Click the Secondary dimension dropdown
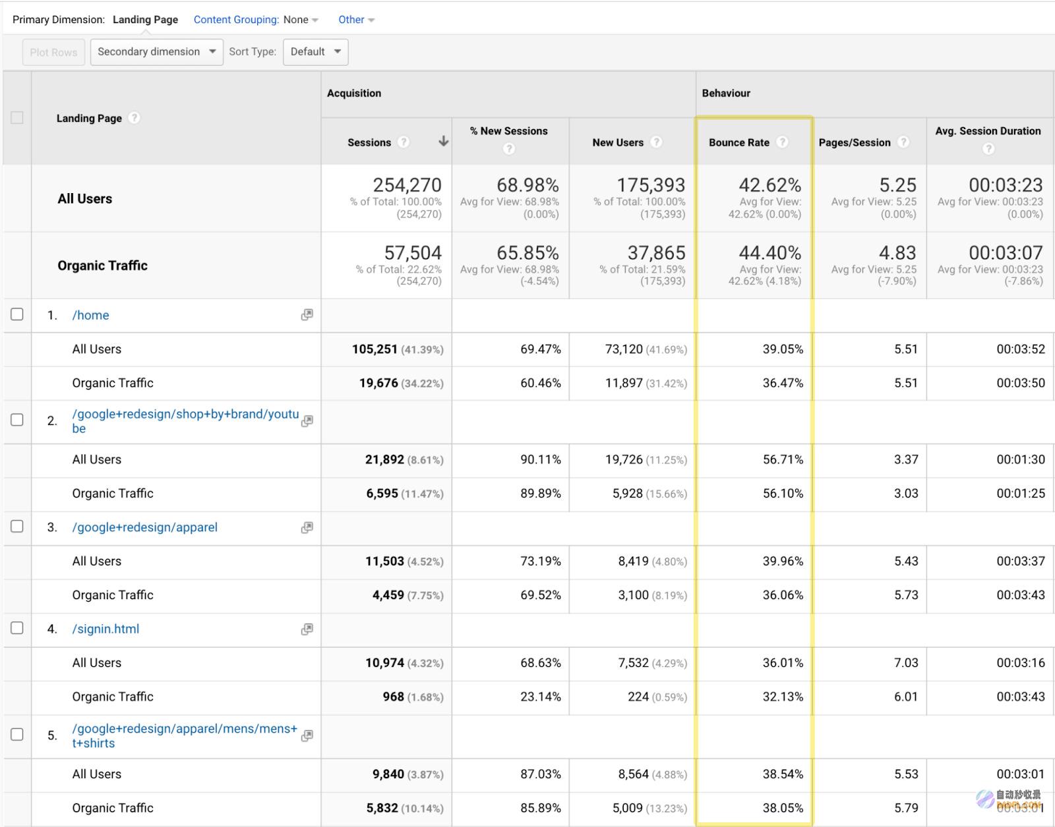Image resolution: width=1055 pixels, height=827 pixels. [156, 52]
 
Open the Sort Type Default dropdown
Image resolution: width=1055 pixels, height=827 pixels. [315, 52]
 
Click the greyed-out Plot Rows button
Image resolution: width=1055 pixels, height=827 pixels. [53, 52]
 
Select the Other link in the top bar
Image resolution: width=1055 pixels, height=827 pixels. [356, 20]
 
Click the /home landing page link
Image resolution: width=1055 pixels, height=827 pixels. [90, 315]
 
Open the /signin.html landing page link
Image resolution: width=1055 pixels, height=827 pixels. [105, 629]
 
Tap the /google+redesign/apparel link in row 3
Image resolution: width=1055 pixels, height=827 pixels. [144, 527]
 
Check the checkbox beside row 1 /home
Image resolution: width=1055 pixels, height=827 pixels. [17, 314]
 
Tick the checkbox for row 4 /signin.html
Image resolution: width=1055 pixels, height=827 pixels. [17, 628]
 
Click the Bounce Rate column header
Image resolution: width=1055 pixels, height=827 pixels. [739, 142]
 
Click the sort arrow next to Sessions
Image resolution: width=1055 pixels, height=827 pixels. [443, 141]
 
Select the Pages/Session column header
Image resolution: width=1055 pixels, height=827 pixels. [855, 142]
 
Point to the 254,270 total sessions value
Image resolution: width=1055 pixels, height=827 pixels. [407, 185]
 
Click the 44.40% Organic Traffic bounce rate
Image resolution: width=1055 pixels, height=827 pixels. [770, 252]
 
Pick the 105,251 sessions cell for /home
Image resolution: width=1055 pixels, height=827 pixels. [375, 349]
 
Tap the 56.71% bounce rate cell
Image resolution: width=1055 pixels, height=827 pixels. [783, 459]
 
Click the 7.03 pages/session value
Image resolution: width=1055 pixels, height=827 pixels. [906, 662]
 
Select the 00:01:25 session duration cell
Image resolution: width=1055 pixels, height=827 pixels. [1021, 494]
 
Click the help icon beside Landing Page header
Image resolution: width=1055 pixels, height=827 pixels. [134, 118]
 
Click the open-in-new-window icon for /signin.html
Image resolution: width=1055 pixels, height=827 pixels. [307, 629]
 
